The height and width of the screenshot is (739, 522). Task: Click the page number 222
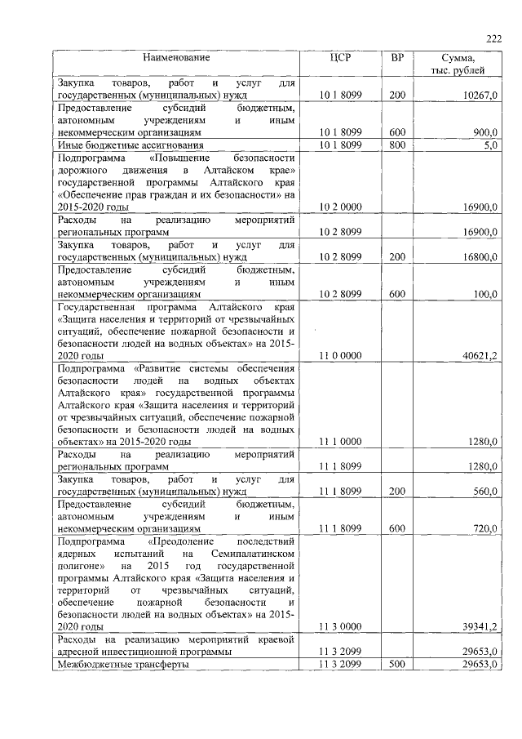point(493,39)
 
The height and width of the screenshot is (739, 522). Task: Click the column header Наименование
point(176,58)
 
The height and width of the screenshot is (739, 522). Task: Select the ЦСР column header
point(340,58)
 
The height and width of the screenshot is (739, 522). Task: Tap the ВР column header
point(397,58)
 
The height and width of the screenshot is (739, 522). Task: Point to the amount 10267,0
point(480,96)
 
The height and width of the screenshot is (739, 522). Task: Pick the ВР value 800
point(397,145)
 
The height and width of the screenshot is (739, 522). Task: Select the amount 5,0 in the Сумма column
point(489,145)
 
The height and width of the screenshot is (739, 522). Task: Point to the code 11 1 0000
point(340,442)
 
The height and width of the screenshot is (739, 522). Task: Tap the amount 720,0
point(484,528)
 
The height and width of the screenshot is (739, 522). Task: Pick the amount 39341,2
point(480,626)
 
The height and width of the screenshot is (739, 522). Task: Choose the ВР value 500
point(397,665)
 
